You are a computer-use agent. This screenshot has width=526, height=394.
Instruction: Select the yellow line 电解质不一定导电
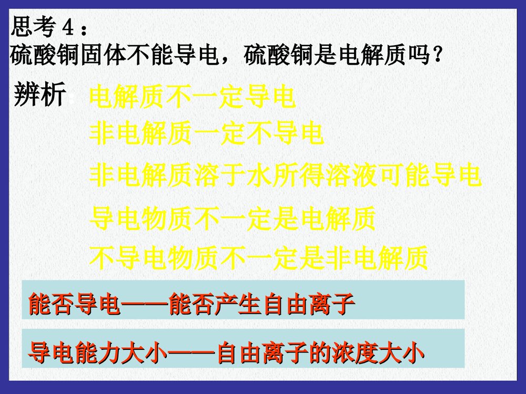tap(192, 98)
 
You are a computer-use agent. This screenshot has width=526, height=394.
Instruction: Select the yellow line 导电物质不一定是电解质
tap(232, 219)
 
